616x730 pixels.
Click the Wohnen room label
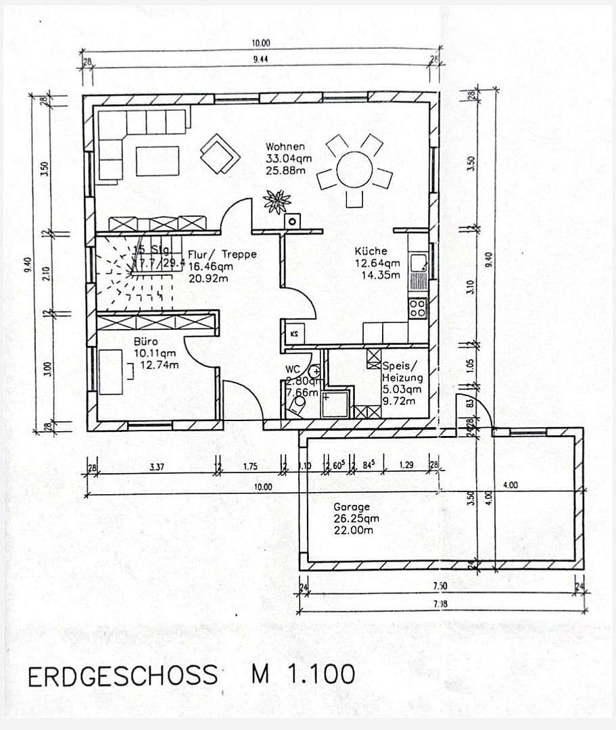click(x=285, y=146)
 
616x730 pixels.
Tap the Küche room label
click(x=371, y=251)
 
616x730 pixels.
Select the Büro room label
click(x=146, y=341)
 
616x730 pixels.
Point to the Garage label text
click(x=352, y=506)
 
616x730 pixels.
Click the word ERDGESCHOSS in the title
click(x=122, y=675)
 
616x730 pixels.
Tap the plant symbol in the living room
click(x=277, y=201)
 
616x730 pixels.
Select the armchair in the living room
click(x=219, y=153)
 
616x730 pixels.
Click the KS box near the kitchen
click(x=294, y=334)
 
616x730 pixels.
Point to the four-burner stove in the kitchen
click(x=418, y=309)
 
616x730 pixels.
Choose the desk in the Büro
click(x=110, y=371)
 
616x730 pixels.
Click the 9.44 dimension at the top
click(x=260, y=59)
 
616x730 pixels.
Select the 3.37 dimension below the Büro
click(x=156, y=466)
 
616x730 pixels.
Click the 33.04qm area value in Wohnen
click(x=289, y=158)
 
